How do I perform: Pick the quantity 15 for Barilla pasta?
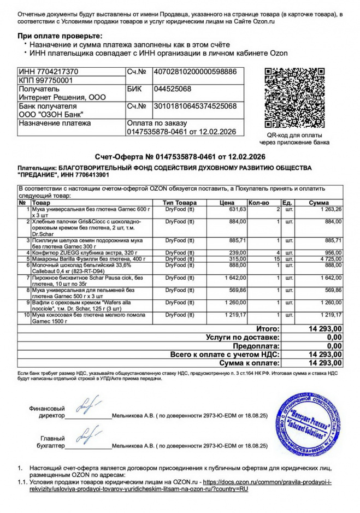pyautogui.click(x=276, y=259)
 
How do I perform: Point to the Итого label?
pyautogui.click(x=268, y=329)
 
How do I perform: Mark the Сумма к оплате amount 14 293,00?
pyautogui.click(x=325, y=363)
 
